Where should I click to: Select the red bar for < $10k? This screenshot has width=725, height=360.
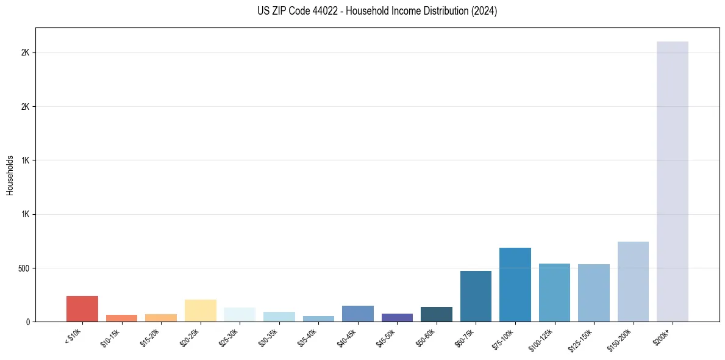pyautogui.click(x=82, y=309)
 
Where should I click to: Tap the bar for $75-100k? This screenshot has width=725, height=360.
pyautogui.click(x=515, y=284)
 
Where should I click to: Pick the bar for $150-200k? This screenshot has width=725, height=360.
pyautogui.click(x=633, y=281)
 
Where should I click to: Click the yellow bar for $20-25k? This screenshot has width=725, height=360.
pyautogui.click(x=201, y=311)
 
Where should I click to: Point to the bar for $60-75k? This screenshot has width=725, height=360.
pyautogui.click(x=476, y=296)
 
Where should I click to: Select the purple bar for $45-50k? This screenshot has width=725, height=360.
pyautogui.click(x=397, y=318)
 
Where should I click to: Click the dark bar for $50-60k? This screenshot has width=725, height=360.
pyautogui.click(x=437, y=314)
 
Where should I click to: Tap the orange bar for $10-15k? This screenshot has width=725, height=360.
pyautogui.click(x=121, y=319)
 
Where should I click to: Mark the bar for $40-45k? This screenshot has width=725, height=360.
pyautogui.click(x=358, y=314)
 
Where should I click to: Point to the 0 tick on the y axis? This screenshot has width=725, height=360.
pyautogui.click(x=28, y=322)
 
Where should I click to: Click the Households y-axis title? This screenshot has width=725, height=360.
pyautogui.click(x=10, y=175)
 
